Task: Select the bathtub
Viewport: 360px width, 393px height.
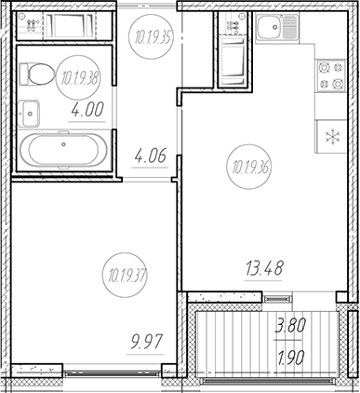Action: pyautogui.click(x=62, y=150)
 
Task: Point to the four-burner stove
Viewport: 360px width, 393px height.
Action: pyautogui.click(x=329, y=75)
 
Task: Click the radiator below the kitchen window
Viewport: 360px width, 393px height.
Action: pyautogui.click(x=275, y=297)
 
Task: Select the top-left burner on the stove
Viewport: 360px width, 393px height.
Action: pyautogui.click(x=323, y=67)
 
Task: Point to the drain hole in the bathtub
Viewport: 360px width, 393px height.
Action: pyautogui.click(x=62, y=144)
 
